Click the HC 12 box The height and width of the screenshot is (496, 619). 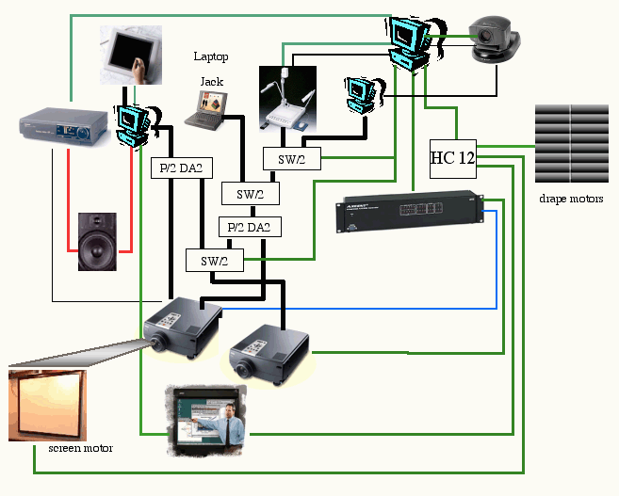452,157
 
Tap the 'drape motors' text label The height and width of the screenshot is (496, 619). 572,199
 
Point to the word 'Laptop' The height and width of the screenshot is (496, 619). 210,56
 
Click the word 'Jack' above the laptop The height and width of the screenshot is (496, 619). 211,82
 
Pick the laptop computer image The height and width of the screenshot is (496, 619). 206,110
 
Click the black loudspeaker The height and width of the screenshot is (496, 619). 98,243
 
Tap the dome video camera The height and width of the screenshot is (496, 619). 494,42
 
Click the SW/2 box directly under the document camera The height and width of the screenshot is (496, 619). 291,160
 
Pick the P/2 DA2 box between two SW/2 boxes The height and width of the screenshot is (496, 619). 250,227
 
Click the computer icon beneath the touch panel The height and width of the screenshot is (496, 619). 132,123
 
